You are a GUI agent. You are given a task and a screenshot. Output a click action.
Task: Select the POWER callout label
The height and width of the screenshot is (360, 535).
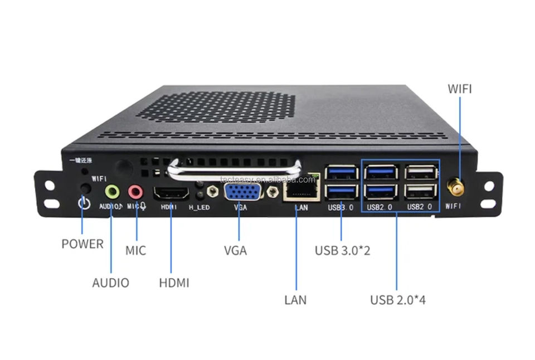pos(82,244)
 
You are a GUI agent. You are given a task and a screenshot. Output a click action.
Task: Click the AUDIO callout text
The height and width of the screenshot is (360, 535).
pos(110,283)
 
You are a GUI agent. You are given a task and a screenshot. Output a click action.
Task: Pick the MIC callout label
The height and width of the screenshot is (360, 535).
pos(135,250)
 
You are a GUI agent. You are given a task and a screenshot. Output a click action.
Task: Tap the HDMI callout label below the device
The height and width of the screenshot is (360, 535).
pos(174,283)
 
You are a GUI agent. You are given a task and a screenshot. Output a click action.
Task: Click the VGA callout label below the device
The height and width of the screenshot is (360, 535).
pos(235,250)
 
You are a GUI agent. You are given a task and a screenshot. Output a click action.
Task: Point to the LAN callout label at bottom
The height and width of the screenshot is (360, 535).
pos(295,300)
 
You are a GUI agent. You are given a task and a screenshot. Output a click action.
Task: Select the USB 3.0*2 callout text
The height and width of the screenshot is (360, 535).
pos(343,250)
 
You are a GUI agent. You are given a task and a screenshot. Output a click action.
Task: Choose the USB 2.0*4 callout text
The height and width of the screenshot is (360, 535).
pos(398,300)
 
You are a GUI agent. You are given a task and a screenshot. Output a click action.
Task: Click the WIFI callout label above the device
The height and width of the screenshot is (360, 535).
pos(460,89)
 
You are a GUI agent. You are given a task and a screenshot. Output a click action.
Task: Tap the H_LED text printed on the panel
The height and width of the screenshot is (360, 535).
pos(198,207)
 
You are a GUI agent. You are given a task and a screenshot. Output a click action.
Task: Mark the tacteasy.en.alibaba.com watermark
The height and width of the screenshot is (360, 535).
pos(267,179)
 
